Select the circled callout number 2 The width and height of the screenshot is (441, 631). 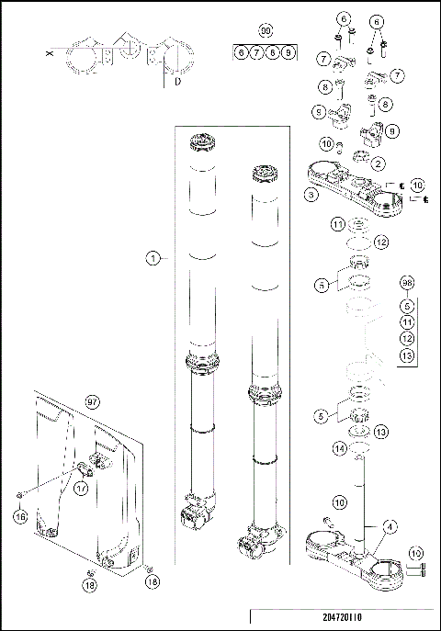coord(379,163)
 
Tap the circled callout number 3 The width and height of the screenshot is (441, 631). coord(312,195)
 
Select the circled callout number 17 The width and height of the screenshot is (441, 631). coord(81,490)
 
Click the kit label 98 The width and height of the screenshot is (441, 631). coord(408,284)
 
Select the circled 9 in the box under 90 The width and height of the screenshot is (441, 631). coord(288,54)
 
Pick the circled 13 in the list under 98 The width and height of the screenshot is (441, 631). coord(408,355)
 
